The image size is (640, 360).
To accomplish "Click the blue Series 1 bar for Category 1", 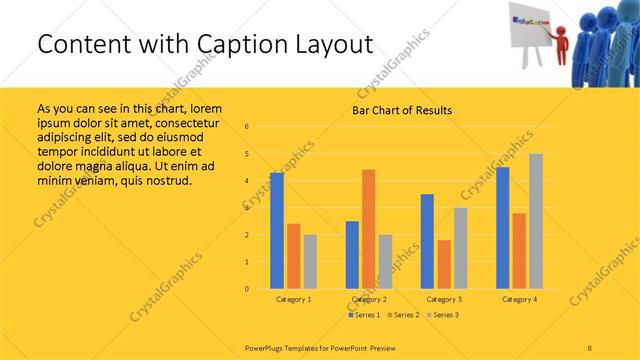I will pos(277,231).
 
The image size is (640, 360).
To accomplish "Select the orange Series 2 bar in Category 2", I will pos(368,229).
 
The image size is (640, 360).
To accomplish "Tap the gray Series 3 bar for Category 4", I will pos(536,221).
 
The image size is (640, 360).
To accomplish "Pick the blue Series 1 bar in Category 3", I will pos(427,241).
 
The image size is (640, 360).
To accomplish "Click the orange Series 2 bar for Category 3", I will pos(444,264).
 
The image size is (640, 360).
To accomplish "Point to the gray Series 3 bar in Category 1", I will pos(310,262).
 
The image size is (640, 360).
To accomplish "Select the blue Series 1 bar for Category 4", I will pos(502,228).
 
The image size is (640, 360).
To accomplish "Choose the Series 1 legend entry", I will pos(365,315).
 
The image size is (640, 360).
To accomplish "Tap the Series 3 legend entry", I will pos(446,315).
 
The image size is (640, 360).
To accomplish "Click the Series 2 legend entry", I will pos(405,315).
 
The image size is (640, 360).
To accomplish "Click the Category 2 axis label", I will pos(368,299).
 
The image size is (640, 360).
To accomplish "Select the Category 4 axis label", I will pos(519,299).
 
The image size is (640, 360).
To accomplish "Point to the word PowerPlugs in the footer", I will pos(267,348).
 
